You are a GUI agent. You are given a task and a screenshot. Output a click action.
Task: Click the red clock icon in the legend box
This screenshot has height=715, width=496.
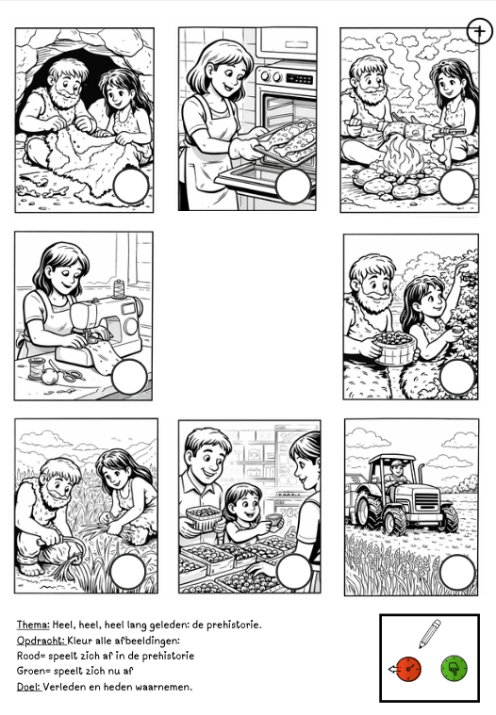point(408,669)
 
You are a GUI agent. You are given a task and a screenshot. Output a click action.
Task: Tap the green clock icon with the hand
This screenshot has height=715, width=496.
point(454,669)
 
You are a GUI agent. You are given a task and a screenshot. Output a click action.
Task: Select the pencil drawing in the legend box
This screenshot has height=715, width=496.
point(430,633)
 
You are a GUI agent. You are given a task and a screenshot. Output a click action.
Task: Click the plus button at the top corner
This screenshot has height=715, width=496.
point(480,31)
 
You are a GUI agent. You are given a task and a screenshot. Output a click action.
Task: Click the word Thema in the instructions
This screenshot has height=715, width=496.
point(33,625)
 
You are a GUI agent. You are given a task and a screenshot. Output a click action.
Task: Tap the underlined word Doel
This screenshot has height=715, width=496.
point(29,687)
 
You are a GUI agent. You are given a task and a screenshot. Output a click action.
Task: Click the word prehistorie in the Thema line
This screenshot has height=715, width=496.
point(234,626)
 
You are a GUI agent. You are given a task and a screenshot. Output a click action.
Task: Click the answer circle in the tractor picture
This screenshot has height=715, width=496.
point(457,572)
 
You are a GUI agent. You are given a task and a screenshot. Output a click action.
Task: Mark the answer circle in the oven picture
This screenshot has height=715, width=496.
point(293,186)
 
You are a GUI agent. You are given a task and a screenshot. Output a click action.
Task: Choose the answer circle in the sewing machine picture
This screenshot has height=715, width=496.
point(129,377)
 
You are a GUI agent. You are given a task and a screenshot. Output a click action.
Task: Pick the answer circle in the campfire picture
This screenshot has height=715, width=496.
point(456,187)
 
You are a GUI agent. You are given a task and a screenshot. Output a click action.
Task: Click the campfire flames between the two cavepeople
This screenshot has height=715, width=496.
point(403,156)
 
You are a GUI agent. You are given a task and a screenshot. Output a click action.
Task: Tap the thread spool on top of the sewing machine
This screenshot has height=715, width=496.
point(119,289)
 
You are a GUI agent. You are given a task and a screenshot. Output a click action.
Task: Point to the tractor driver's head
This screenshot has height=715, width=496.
point(398,467)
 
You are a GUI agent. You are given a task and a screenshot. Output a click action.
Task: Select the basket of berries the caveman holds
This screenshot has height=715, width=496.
point(395,348)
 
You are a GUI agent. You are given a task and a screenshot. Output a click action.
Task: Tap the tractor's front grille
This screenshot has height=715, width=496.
point(425,500)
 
